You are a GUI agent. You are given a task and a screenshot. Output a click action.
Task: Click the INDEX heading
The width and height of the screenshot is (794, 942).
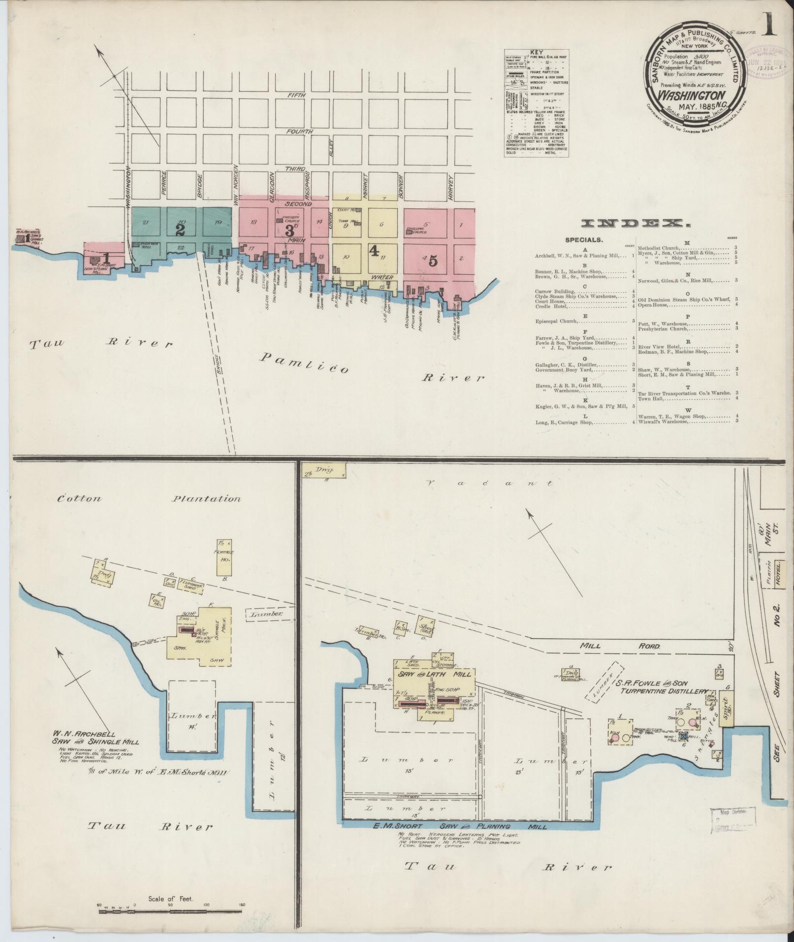[634, 224]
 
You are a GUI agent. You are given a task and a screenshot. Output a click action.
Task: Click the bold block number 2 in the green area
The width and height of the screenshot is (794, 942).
[180, 229]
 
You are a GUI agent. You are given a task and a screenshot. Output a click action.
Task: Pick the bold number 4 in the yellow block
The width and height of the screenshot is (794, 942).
[374, 251]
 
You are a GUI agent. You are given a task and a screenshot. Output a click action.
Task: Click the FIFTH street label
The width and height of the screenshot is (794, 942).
[298, 95]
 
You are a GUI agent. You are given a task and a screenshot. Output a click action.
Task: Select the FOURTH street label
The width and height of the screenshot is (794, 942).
[299, 132]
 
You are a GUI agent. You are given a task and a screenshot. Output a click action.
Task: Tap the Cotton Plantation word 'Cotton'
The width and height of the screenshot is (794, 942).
[80, 498]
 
